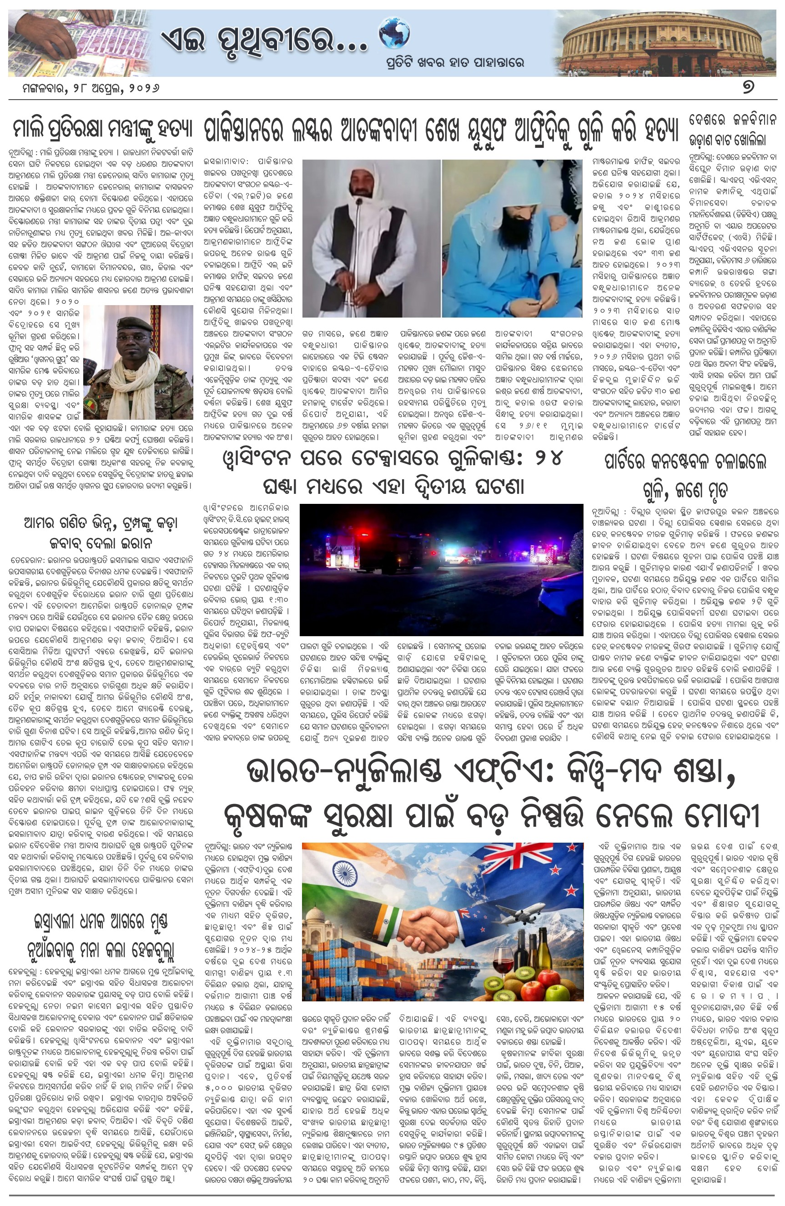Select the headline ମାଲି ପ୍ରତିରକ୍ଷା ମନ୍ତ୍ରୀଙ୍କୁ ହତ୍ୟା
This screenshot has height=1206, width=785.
pyautogui.click(x=101, y=129)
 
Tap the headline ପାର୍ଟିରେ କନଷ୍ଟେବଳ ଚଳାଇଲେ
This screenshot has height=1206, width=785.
pyautogui.click(x=684, y=461)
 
